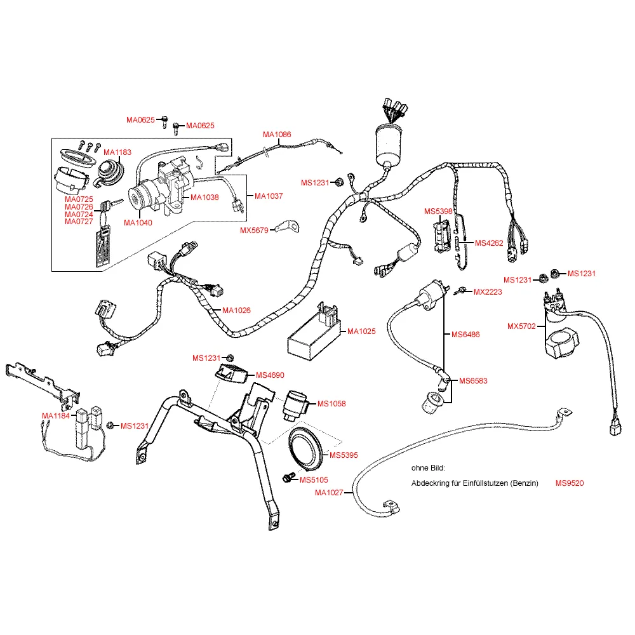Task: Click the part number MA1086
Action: click(277, 135)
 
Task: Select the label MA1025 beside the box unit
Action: click(362, 331)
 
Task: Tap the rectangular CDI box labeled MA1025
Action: click(314, 331)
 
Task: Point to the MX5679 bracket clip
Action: click(288, 227)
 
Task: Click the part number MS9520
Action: click(570, 483)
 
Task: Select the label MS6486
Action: click(465, 335)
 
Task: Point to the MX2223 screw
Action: click(460, 291)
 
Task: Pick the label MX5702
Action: click(521, 326)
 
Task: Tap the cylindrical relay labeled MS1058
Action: click(297, 405)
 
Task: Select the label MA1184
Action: click(56, 415)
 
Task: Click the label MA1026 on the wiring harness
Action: click(236, 311)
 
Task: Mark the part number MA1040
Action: click(138, 223)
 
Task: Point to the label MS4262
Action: click(489, 243)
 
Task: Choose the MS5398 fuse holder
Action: click(442, 236)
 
